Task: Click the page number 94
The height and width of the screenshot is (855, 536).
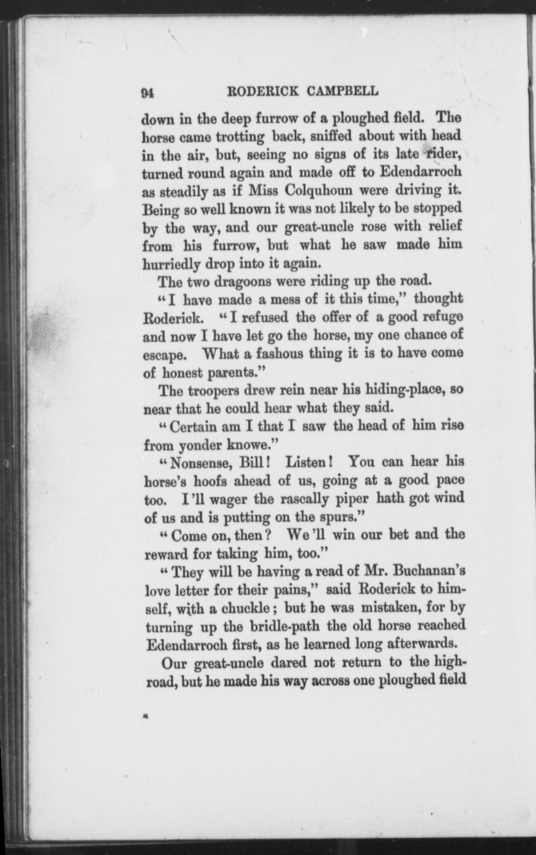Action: pos(147,94)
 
